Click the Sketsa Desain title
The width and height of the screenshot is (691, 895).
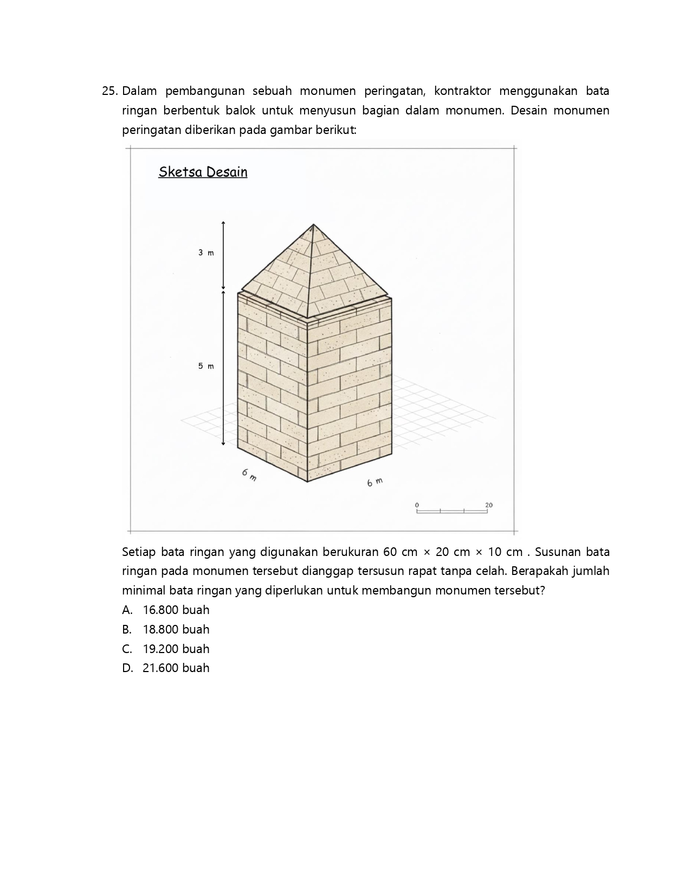click(x=203, y=172)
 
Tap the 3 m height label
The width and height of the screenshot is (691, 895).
click(x=206, y=253)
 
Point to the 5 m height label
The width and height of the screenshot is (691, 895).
click(x=206, y=366)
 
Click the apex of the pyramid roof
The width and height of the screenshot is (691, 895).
click(x=313, y=225)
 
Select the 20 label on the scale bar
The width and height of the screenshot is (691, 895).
click(x=489, y=505)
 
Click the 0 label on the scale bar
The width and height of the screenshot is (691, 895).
click(x=417, y=505)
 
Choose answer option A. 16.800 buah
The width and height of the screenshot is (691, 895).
click(x=166, y=610)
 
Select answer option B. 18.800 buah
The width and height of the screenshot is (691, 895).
click(x=166, y=629)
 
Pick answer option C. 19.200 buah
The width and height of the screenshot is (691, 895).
click(x=166, y=649)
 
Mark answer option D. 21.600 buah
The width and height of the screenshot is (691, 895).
click(x=166, y=668)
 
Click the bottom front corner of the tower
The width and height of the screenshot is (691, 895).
click(x=307, y=481)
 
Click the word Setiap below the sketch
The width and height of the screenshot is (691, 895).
click(x=138, y=552)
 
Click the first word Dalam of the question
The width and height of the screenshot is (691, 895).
click(x=139, y=91)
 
